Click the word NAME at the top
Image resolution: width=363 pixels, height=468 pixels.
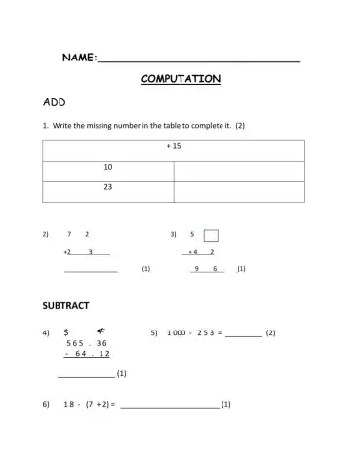[78, 59]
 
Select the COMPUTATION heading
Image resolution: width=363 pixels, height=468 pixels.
[181, 79]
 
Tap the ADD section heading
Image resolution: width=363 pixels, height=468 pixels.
[54, 101]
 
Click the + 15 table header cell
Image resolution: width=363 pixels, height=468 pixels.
[174, 147]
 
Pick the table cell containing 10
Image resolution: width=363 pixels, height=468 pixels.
[108, 167]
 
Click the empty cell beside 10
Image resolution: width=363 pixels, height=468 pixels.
[239, 168]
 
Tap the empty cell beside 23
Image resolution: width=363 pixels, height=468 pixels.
[239, 187]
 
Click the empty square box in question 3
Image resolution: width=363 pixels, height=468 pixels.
[211, 235]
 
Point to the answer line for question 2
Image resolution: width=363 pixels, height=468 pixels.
[91, 270]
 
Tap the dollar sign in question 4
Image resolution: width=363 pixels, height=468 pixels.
[65, 332]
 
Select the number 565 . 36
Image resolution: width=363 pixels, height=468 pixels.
[87, 343]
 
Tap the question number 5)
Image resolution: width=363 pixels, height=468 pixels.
[154, 333]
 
